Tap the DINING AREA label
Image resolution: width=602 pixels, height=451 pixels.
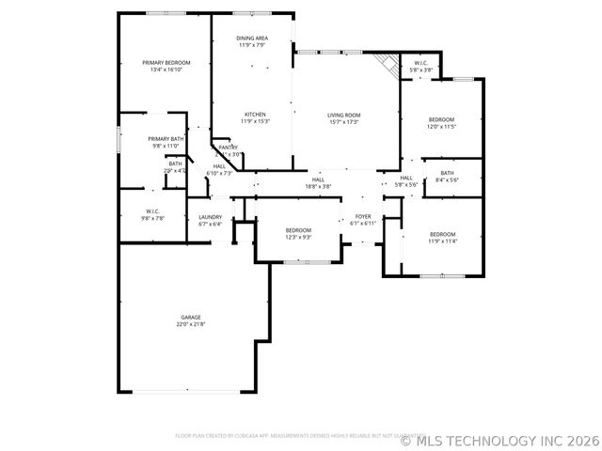point(252,39)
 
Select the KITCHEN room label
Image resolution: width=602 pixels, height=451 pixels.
point(255,115)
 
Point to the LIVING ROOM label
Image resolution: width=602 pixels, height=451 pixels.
point(345,115)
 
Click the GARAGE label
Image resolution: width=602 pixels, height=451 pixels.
point(191,318)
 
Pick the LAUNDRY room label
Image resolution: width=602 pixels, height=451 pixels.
point(210,217)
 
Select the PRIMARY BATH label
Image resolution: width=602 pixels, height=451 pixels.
point(165,139)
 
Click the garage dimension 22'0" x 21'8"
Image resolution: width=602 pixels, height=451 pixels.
point(191,324)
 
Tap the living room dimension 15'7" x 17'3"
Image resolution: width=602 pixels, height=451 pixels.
point(345,121)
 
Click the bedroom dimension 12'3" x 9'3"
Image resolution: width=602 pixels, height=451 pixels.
point(299,237)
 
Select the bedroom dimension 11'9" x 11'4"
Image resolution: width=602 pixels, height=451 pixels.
point(442,241)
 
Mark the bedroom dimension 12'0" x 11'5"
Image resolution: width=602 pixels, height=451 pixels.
point(442,126)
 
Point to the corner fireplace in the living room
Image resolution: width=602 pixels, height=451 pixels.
point(385,64)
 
